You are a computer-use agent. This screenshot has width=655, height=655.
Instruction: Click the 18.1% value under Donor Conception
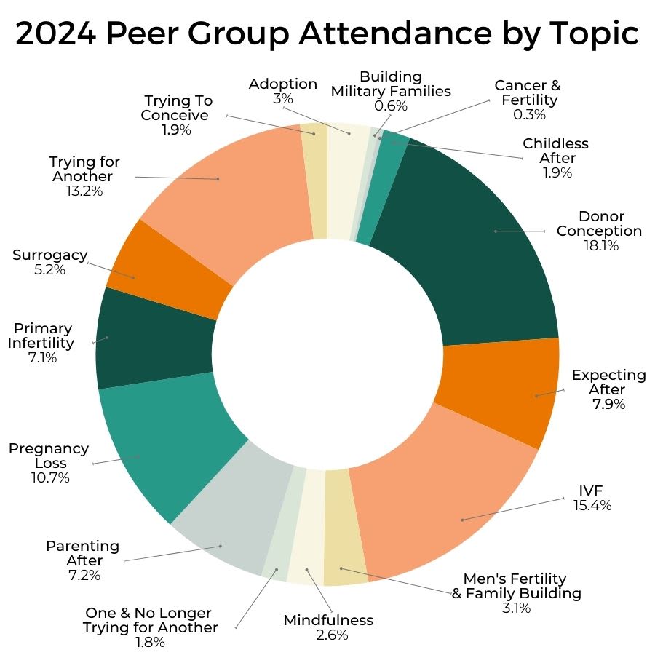[x=600, y=246]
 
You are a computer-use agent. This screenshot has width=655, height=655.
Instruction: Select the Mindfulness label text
[x=327, y=620]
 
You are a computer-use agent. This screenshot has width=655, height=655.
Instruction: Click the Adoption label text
[x=283, y=84]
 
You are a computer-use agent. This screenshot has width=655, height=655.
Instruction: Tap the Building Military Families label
[x=391, y=84]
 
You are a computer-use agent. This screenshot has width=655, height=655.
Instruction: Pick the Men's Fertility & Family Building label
[x=516, y=586]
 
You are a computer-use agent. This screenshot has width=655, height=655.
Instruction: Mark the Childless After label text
[x=555, y=151]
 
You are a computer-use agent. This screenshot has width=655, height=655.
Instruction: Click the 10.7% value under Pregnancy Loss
[x=49, y=478]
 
